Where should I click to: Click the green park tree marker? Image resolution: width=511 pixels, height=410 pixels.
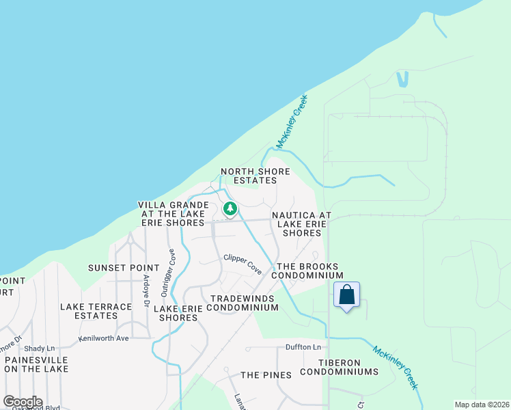coord(230,208)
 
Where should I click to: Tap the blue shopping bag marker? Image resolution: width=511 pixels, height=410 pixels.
coord(347,296)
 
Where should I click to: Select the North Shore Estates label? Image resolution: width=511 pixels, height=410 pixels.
coord(255,176)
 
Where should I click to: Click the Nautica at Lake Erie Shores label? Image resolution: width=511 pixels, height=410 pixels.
coord(301,223)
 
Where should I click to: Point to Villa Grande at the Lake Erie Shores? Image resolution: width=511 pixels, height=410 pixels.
coord(173,214)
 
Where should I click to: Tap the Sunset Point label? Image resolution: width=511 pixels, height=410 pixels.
coord(118,267)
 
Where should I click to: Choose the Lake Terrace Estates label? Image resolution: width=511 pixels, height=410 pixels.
coord(96,311)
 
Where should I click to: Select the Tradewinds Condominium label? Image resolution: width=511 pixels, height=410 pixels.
coord(244,303)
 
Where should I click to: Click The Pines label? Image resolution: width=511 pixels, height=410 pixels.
coord(266,375)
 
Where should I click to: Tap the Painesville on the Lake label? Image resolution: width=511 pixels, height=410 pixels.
coord(36,364)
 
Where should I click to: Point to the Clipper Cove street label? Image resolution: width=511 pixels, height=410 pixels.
coord(243,263)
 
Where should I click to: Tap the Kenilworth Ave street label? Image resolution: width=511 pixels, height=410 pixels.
coord(104,338)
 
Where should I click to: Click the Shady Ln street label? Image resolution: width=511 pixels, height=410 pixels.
coord(38,348)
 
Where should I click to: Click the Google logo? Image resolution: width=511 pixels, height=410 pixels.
coord(22,402)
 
